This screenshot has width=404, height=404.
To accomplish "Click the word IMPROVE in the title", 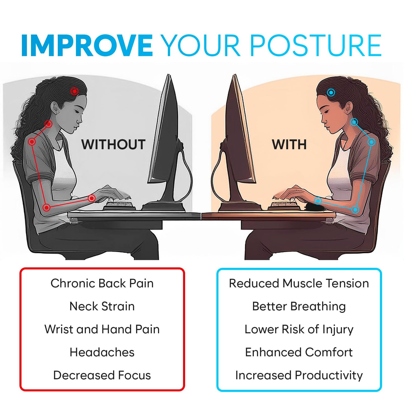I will point(87,45).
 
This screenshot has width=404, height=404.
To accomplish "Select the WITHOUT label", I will point(113,145).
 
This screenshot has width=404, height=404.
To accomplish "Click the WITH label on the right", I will point(289,145).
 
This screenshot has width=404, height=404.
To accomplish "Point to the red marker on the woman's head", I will point(74,91).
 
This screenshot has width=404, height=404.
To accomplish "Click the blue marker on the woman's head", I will point(331,92).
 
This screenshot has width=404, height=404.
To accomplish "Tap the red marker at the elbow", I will point(47,207).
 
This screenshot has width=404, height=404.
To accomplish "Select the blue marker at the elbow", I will point(355,209).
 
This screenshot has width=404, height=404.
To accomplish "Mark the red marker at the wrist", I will point(91,198).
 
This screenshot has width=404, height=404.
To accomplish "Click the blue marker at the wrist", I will point(318,200).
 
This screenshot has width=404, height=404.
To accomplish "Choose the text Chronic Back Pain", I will point(102,283).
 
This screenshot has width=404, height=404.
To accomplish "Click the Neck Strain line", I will point(102,306).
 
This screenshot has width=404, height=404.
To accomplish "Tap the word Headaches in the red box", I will point(102,352).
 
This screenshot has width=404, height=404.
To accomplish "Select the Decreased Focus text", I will point(102,375).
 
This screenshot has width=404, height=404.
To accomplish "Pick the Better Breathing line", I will point(299,306).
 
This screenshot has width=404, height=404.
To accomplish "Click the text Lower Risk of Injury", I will point(299,329).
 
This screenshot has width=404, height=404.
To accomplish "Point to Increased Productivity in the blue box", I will point(299,375).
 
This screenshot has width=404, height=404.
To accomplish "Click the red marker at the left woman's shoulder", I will point(32,142).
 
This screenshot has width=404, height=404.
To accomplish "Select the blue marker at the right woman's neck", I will point(354,122).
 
